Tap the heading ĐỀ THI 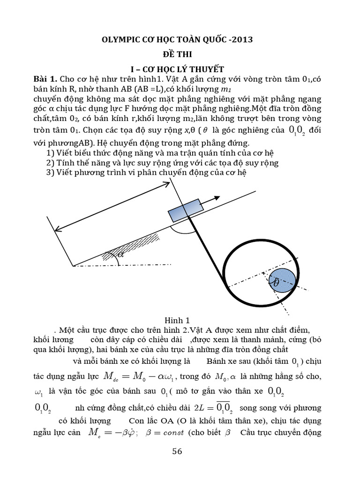[180, 54]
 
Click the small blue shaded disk [280, 280]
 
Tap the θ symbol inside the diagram [276, 283]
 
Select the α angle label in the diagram [121, 255]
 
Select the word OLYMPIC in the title [120, 39]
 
